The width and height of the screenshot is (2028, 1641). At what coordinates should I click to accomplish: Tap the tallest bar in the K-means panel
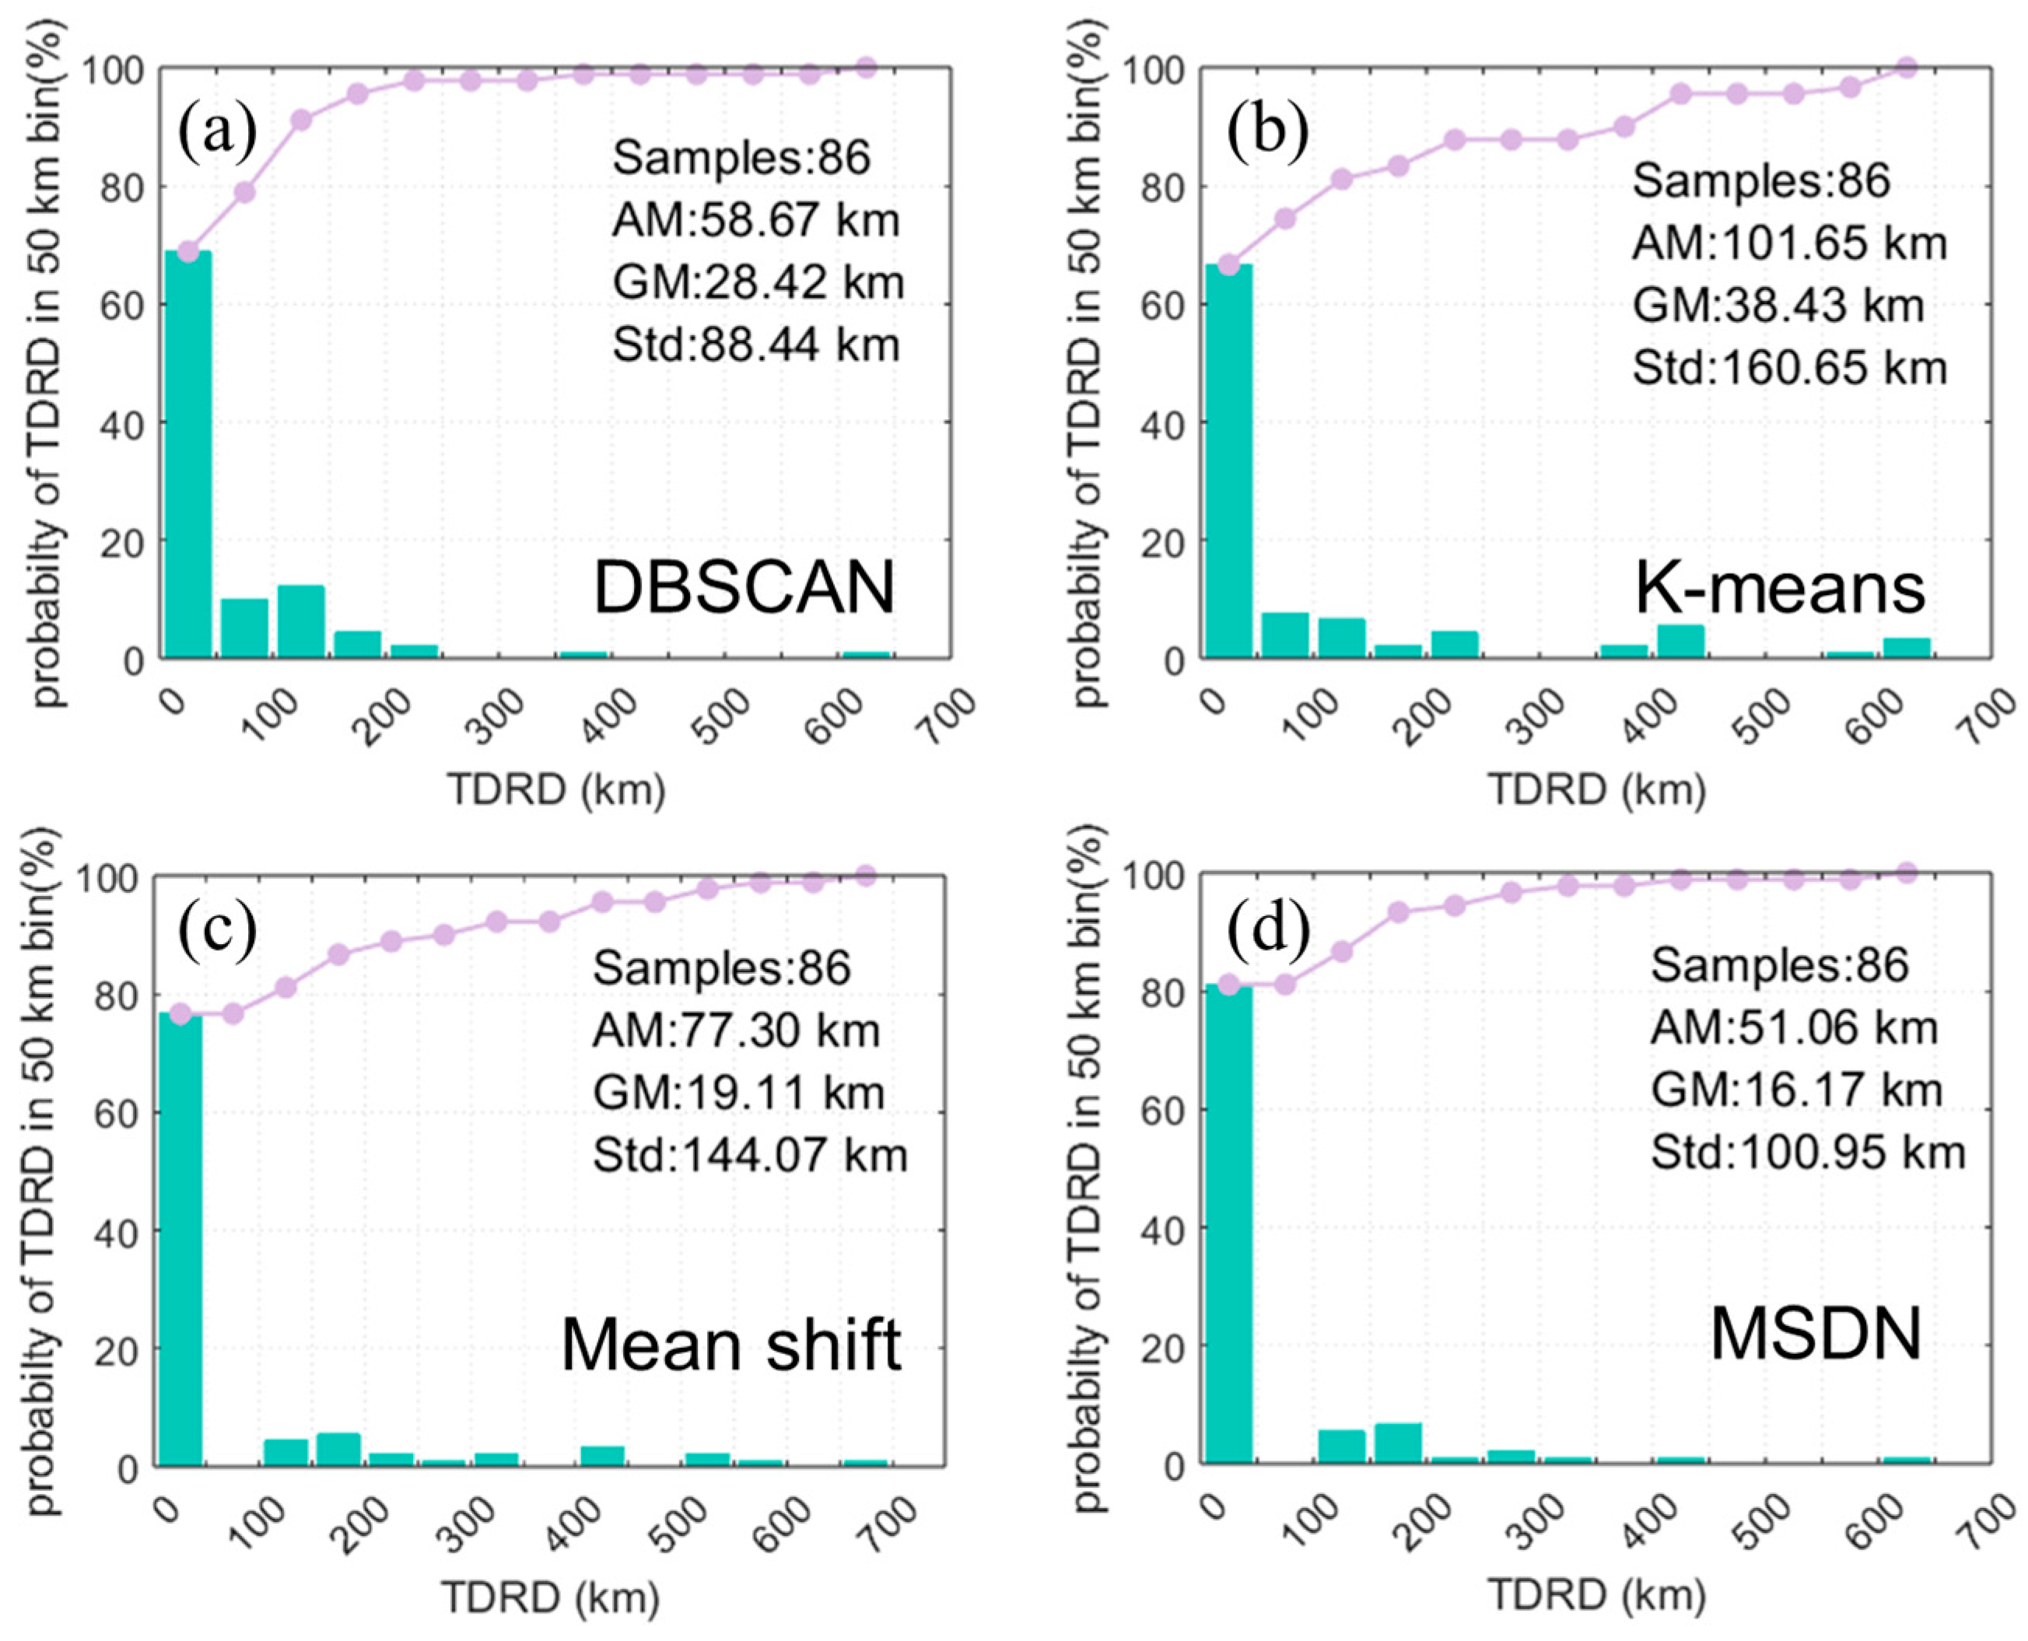coord(1228,460)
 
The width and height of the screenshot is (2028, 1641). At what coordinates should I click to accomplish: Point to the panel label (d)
coord(1268,931)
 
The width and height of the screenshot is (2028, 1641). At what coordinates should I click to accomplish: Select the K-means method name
coord(1779,588)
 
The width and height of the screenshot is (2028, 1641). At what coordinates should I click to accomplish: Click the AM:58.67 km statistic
coord(755,220)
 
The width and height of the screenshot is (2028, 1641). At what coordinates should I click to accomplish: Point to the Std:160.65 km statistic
coord(1789,367)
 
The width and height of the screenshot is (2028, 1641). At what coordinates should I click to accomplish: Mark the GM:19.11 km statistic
coord(738,1092)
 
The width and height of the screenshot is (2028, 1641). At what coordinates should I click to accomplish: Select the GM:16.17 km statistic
coord(1796,1089)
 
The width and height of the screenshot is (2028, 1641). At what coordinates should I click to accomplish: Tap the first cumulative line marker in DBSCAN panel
coord(188,251)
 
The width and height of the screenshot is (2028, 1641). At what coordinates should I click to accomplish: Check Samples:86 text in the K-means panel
coord(1760,180)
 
